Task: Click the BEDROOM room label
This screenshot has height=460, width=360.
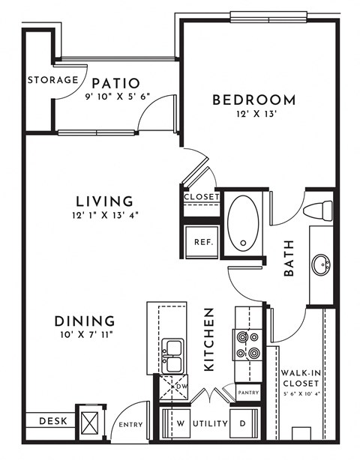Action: pyautogui.click(x=253, y=100)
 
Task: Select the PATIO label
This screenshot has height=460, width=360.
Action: pyautogui.click(x=113, y=82)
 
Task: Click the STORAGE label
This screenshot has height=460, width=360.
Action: pyautogui.click(x=52, y=79)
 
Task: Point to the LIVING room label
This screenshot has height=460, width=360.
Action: pyautogui.click(x=105, y=201)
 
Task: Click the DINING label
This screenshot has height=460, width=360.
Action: pyautogui.click(x=84, y=321)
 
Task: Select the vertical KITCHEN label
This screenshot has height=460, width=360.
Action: pyautogui.click(x=210, y=339)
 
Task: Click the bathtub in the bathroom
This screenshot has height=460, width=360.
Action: pyautogui.click(x=243, y=223)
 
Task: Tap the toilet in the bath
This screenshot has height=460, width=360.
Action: pyautogui.click(x=319, y=210)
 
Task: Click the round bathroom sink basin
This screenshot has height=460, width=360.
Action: pyautogui.click(x=322, y=264)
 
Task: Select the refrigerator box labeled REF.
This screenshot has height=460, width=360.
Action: pyautogui.click(x=202, y=242)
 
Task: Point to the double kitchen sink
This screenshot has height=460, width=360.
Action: pyautogui.click(x=172, y=355)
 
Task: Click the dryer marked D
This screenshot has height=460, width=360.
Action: pyautogui.click(x=243, y=423)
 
